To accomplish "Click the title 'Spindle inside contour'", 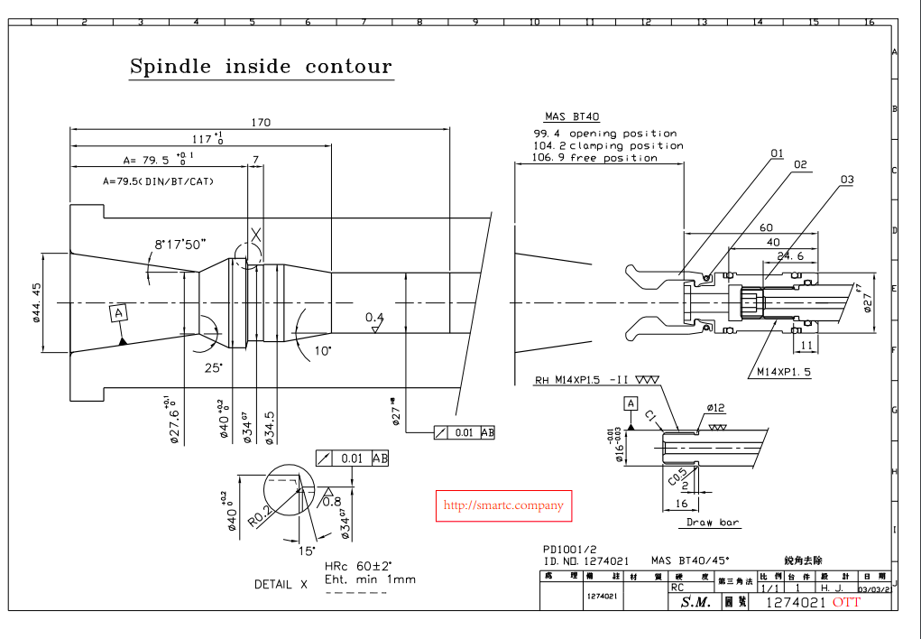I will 261,67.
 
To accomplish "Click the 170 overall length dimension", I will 260,122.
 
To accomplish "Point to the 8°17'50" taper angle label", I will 180,244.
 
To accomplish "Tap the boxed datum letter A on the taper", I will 117,312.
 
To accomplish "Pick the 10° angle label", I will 322,350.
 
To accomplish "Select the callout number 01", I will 777,153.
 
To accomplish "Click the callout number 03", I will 846,180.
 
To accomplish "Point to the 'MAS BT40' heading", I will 572,116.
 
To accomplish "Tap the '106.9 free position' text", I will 595,158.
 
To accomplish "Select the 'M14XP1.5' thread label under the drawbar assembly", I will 783,372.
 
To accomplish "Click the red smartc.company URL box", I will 504,506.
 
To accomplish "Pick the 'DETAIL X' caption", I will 281,584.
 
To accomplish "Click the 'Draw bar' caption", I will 713,523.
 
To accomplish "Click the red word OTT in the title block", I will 846,602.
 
